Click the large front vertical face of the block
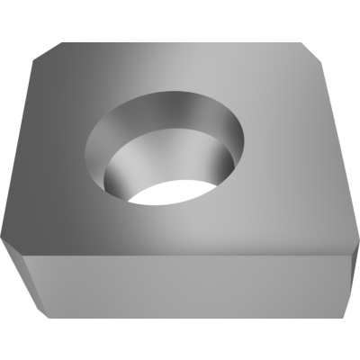(x=189, y=288)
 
